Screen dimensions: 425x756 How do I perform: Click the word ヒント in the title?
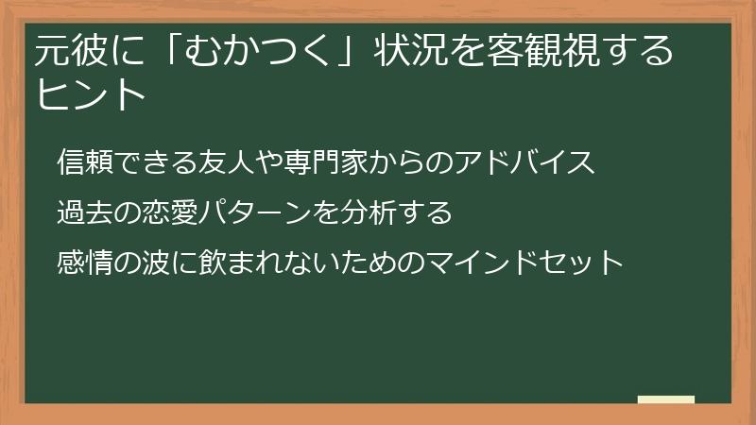(x=92, y=95)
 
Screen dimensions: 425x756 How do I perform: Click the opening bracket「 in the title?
(x=169, y=50)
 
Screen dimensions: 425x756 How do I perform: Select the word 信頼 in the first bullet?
(x=86, y=162)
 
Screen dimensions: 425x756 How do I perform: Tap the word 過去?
(x=86, y=212)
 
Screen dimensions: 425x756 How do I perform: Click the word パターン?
(x=257, y=212)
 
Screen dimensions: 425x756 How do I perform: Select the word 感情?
(x=86, y=260)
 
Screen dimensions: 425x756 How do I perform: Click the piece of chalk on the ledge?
(x=666, y=399)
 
